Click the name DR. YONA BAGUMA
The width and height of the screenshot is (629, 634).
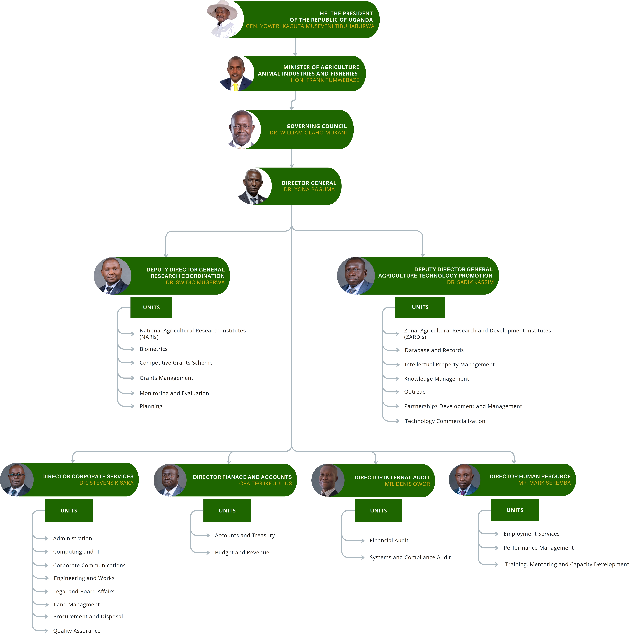tap(309, 189)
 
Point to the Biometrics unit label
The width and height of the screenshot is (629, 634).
tap(153, 349)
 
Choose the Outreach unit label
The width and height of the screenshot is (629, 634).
tap(416, 392)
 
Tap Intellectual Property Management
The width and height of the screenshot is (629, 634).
tap(449, 365)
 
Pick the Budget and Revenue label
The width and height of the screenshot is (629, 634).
tap(242, 553)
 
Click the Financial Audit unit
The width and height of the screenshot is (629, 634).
tap(389, 540)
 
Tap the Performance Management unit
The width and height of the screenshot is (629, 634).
tap(538, 548)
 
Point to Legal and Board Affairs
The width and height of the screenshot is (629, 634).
tap(84, 591)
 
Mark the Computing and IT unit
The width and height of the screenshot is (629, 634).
tap(76, 552)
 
